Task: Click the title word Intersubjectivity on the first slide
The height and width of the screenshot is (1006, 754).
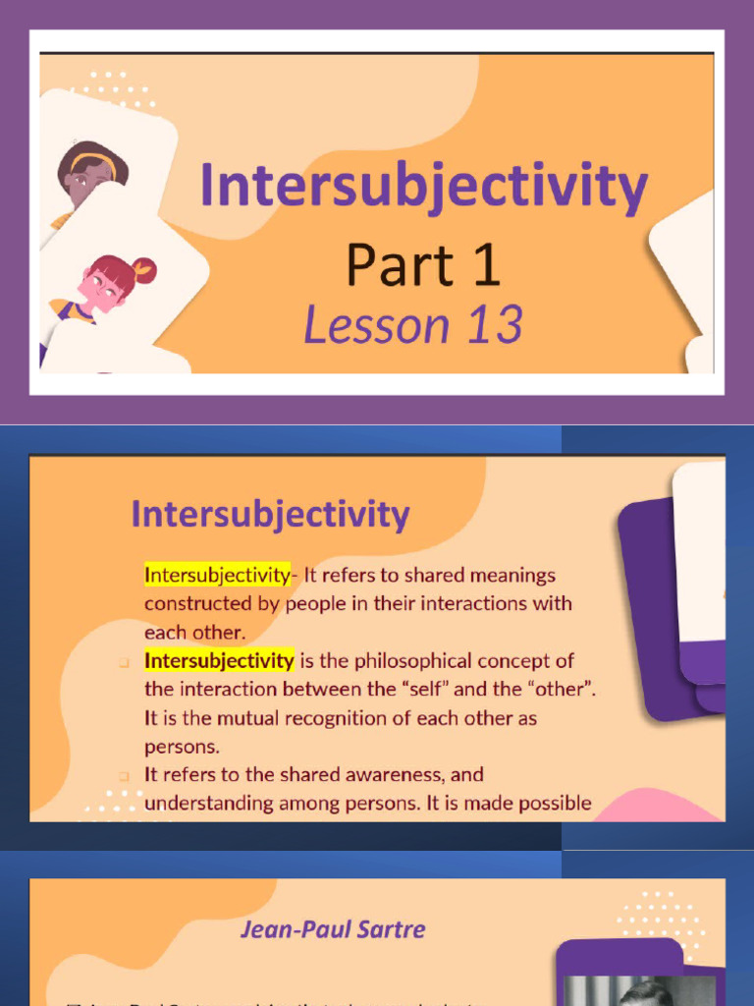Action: coord(423,187)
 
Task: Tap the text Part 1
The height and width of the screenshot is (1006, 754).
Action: coord(423,265)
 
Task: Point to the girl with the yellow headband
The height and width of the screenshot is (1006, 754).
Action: coord(91,173)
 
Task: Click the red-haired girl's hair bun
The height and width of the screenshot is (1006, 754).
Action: coord(143,269)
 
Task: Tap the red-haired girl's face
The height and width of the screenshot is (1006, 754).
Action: coord(104,287)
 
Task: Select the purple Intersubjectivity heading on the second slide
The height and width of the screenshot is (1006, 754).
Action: coord(270,515)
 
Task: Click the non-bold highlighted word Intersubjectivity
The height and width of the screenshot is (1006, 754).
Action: coord(217,575)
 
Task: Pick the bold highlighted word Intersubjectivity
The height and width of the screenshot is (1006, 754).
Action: coord(219,660)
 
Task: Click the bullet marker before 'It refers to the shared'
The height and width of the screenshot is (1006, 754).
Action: coord(125,775)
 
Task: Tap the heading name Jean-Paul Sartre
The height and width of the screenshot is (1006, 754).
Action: coord(333,928)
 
